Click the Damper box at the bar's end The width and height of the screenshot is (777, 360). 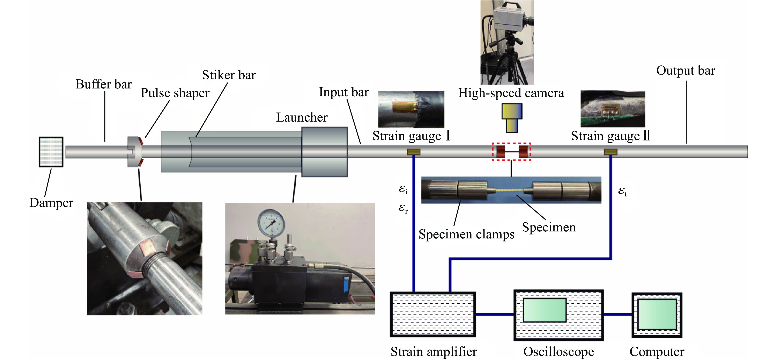coord(51,152)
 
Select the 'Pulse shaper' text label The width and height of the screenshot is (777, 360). coord(175,93)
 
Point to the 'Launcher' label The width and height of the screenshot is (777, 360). coord(302,117)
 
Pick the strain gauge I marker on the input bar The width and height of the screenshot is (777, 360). coord(414,152)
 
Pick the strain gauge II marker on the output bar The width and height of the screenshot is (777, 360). coord(610,152)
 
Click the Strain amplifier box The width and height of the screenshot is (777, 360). coord(433,314)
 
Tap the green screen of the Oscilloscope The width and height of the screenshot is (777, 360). coord(545,310)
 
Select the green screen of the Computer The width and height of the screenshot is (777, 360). coord(657,314)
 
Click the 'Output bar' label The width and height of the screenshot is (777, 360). coord(685,71)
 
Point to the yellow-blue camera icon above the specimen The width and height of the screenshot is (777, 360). coord(512,118)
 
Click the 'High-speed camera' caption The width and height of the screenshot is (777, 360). coord(511,93)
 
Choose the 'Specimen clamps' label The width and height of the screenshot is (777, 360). coord(466,234)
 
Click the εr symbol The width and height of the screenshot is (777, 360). coord(403,208)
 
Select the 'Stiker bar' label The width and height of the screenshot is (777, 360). coord(229,75)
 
